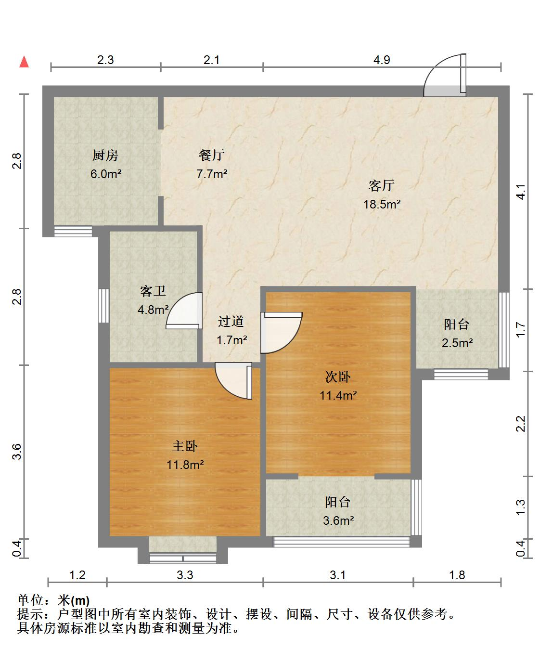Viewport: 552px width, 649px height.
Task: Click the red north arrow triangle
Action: coord(24,62)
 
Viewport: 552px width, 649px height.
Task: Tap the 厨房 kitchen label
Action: coord(105,155)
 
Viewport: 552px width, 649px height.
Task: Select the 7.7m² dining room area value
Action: coord(212,174)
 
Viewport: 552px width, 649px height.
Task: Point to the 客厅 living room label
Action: coord(382,185)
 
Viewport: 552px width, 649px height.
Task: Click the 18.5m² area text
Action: coord(382,205)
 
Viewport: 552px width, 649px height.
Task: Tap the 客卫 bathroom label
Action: coord(153,291)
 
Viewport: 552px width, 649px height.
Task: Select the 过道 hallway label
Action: coord(231,321)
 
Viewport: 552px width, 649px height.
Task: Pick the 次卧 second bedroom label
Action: coord(338,376)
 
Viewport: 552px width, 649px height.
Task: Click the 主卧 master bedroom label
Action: coord(185,446)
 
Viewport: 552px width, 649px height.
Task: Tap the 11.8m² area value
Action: coord(185,465)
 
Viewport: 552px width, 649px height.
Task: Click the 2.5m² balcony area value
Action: coord(457,343)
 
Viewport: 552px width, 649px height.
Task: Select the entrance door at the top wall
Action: coord(445,76)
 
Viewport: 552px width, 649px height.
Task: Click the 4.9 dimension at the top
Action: coord(382,60)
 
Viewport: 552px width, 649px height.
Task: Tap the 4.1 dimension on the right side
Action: coord(521,192)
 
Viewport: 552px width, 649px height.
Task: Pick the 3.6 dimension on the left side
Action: coord(17,452)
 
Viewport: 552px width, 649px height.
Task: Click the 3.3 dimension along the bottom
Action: coord(185,575)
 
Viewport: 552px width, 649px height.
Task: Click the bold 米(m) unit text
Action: coord(74,601)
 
